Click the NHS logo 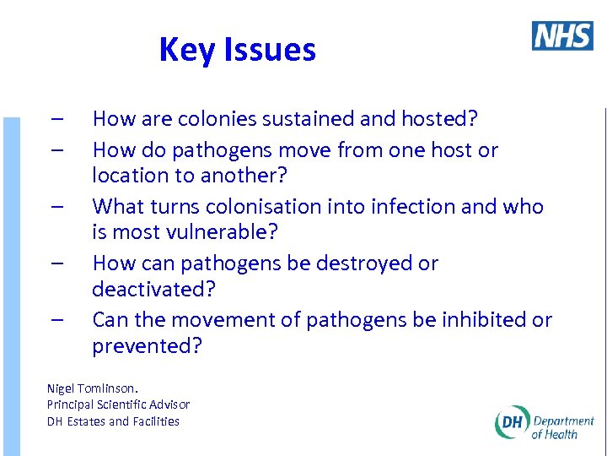pos(562,35)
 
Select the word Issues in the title pos(267,51)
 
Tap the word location pos(127,176)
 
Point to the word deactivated pos(153,289)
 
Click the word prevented pos(147,345)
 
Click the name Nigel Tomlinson pos(93,388)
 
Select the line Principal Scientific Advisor pos(118,404)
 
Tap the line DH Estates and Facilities pos(113,421)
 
